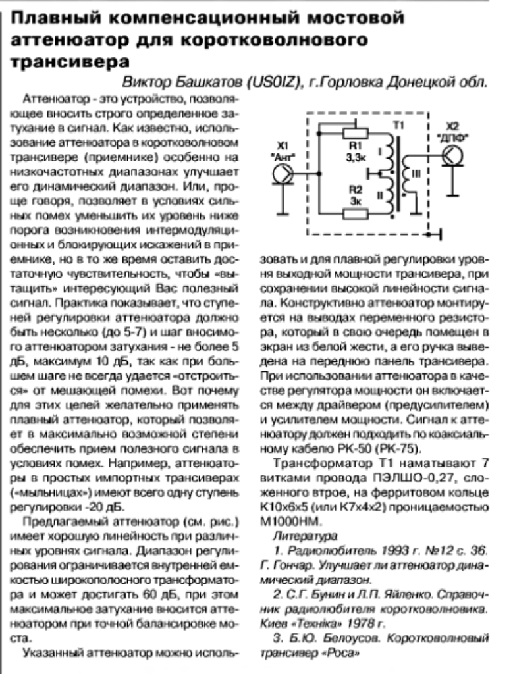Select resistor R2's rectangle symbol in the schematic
coord(356,211)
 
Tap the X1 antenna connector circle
coord(283,173)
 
